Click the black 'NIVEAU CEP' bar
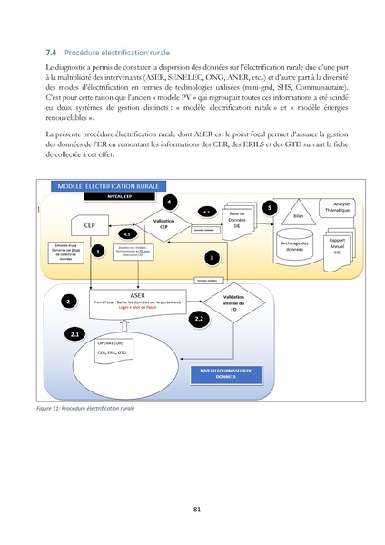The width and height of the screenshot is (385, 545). (x=108, y=195)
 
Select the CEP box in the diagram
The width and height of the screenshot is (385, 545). (x=89, y=224)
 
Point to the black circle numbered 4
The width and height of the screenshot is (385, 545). (x=169, y=201)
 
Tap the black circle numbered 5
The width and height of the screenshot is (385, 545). (x=268, y=208)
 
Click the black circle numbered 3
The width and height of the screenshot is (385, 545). (x=212, y=258)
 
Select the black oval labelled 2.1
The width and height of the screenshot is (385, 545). (x=75, y=334)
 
